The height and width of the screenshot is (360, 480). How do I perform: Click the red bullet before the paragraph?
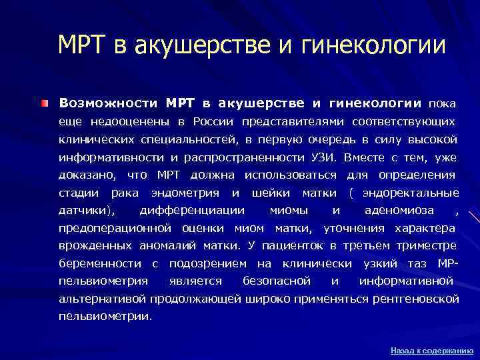pos(43,104)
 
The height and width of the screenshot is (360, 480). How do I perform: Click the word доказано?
pos(86,175)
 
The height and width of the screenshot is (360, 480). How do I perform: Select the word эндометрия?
pos(185,193)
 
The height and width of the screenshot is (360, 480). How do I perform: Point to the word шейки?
pos(271,193)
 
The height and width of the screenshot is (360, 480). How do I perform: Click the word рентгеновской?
pos(419,299)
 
